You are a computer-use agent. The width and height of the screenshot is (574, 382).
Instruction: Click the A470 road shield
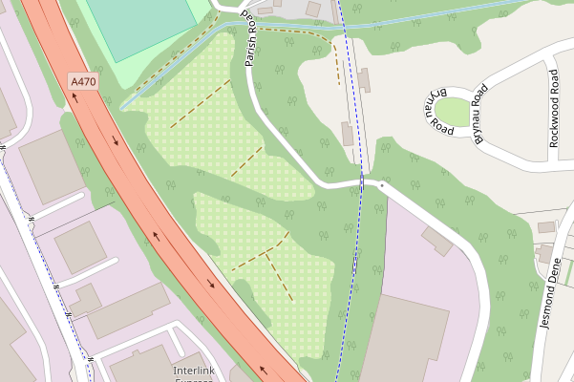coord(83,83)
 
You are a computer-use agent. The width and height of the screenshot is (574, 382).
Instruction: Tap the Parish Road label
coord(250,39)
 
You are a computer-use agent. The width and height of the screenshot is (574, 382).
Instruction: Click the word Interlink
coord(196,370)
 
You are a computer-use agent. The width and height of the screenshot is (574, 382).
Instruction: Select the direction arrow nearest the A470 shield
coord(116,142)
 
